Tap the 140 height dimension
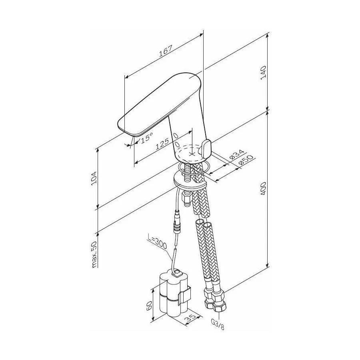point(263,72)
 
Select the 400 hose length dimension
point(263,188)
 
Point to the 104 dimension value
point(94,178)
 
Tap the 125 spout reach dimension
point(162,144)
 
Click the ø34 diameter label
point(236,154)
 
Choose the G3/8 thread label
point(218,324)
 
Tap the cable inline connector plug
point(178,221)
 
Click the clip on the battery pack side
point(185,295)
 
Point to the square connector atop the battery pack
point(177,273)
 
